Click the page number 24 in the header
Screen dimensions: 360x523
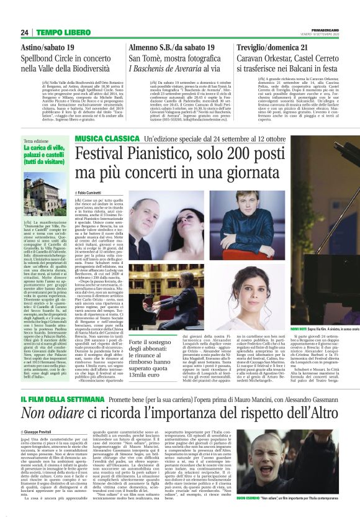pyautogui.click(x=25, y=32)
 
